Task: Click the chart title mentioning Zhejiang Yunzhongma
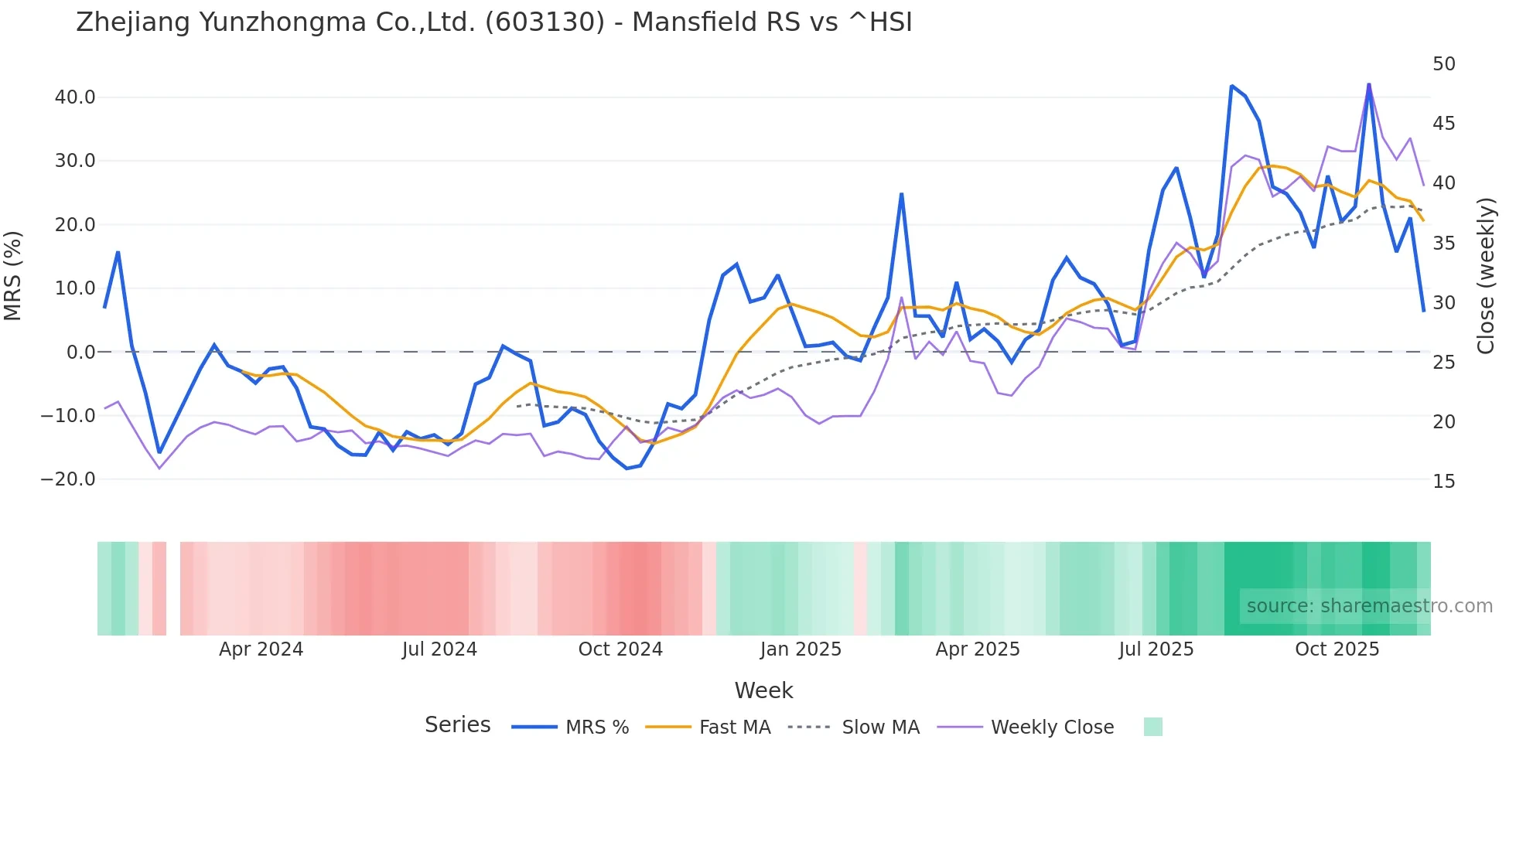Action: coord(493,22)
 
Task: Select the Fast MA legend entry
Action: coord(734,728)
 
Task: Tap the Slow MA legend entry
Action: coord(879,728)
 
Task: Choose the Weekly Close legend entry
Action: coord(1051,728)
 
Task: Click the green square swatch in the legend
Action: coord(1152,727)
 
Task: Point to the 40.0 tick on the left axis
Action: coord(75,97)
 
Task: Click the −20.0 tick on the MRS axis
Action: coord(68,479)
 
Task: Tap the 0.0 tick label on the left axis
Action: coord(81,353)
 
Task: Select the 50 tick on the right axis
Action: coord(1443,64)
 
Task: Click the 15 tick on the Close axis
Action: coord(1443,482)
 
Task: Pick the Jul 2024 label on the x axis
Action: coord(439,649)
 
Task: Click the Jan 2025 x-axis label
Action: coord(801,649)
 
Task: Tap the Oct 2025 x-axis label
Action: coord(1337,649)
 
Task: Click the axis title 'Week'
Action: coord(763,690)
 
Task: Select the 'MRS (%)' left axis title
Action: coord(13,276)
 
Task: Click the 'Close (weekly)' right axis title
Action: coord(1485,276)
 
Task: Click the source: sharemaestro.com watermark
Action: coord(1369,606)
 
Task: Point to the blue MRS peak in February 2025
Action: coord(901,195)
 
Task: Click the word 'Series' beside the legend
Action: coord(457,725)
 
